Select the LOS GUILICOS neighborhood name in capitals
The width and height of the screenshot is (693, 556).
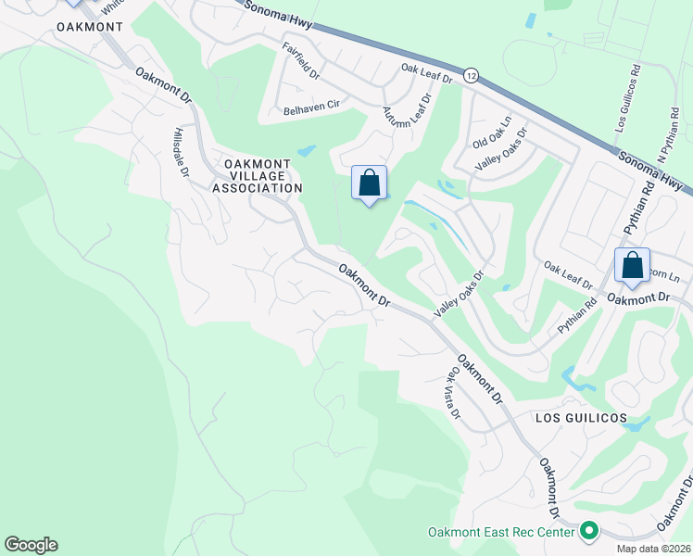[581, 418]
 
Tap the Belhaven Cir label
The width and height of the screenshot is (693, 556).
[312, 108]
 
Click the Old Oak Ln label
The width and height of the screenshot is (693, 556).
[492, 134]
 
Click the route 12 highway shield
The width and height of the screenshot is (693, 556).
[472, 75]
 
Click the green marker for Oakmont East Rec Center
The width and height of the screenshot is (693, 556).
[588, 532]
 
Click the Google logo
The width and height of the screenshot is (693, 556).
[31, 545]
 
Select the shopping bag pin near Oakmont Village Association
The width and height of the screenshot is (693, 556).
[369, 183]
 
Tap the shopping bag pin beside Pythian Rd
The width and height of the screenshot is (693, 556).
[632, 265]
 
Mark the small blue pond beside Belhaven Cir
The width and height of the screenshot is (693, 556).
[306, 150]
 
